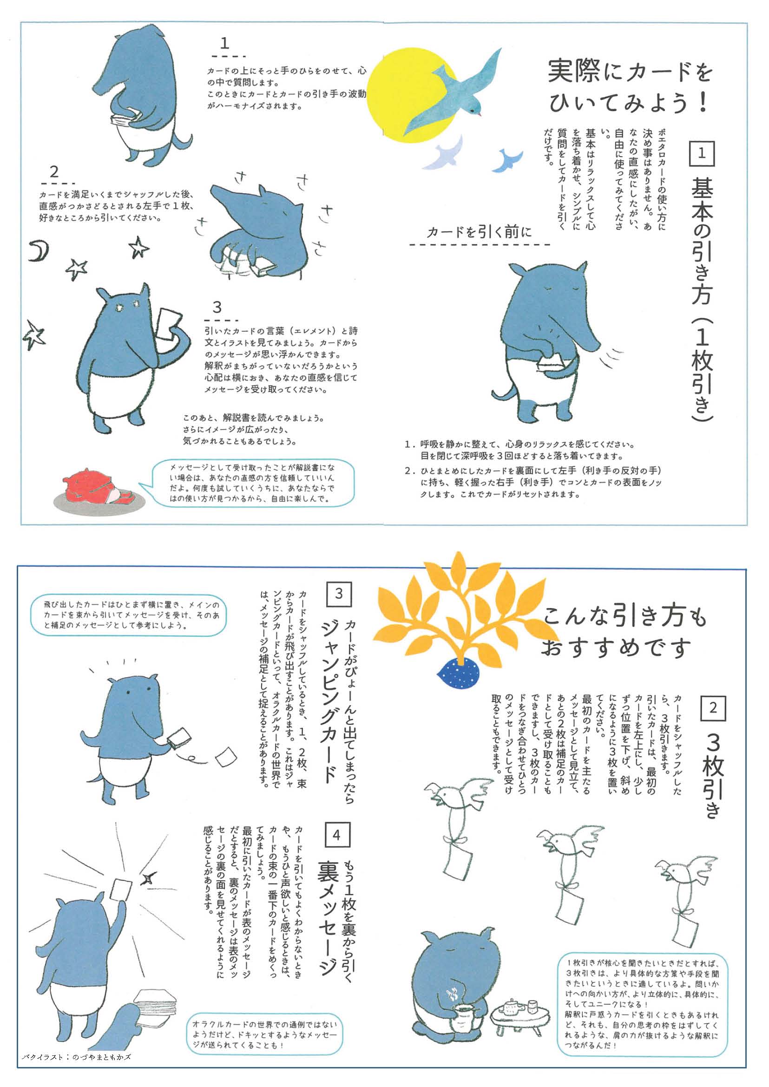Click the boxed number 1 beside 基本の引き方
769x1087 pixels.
pyautogui.click(x=701, y=153)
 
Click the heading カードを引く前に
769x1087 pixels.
pyautogui.click(x=479, y=232)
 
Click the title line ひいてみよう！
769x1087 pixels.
pyautogui.click(x=629, y=103)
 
